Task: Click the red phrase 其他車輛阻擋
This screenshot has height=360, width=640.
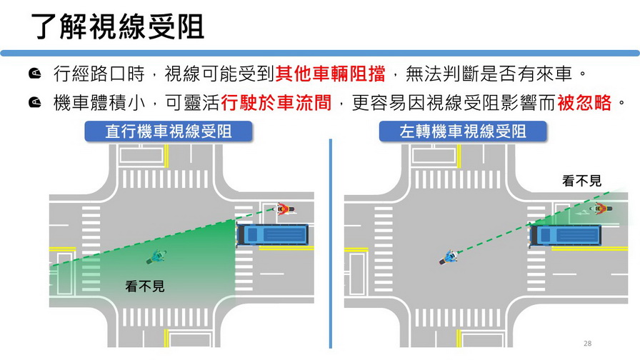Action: coord(330,74)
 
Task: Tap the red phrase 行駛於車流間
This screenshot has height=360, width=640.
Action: coord(276,104)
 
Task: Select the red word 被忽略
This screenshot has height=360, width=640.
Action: coord(584,104)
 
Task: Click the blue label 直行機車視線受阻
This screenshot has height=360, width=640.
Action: coord(169,131)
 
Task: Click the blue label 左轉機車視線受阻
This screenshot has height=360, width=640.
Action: coord(463,131)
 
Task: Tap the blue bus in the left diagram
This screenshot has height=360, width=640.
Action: coord(274,234)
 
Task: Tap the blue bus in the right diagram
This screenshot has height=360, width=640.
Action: coord(567,234)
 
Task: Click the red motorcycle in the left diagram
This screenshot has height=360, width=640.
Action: coord(284,209)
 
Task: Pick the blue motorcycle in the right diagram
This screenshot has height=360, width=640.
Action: coord(448,258)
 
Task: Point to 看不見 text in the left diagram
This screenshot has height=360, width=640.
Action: coord(145,286)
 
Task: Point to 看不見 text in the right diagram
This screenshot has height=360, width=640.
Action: coord(581,181)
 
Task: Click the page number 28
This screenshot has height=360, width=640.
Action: coord(587,344)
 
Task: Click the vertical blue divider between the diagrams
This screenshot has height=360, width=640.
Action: coord(331,243)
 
